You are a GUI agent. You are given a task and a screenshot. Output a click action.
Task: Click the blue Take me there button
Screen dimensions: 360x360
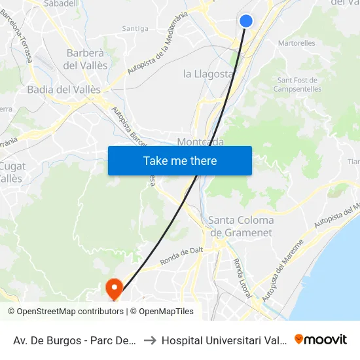180,160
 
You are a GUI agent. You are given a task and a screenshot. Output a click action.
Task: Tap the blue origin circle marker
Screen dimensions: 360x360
246,21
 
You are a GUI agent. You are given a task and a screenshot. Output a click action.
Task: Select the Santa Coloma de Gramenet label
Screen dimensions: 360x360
241,226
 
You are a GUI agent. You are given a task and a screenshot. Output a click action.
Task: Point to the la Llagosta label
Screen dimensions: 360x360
208,73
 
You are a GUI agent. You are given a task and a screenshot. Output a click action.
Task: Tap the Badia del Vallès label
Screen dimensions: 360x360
64,90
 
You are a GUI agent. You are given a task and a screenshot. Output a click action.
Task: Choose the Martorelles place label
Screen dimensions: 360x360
297,43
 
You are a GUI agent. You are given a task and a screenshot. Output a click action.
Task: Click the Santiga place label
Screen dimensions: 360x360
135,28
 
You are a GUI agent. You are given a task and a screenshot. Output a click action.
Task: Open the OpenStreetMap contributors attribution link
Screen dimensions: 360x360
67,312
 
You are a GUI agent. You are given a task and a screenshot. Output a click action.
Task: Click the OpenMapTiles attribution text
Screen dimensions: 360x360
166,312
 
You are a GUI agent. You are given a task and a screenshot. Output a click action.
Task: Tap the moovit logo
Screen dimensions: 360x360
321,340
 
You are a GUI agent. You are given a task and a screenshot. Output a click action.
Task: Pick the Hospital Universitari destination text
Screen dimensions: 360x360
224,340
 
